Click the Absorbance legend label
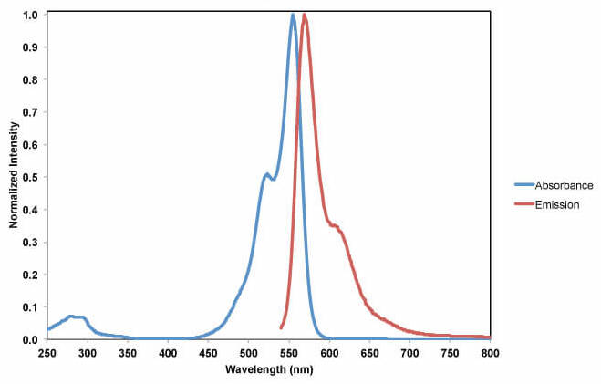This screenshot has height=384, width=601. coord(564,185)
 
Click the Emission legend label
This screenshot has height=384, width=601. coord(557,205)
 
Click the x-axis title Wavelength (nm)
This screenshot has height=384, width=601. coord(269,370)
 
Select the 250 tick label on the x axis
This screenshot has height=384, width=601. coord(47,352)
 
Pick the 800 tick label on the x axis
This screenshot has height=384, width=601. coord(491,352)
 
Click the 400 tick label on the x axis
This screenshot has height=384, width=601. coord(168,352)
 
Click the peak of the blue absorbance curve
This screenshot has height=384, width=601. coord(293,15)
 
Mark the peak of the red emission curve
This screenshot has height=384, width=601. coord(304,15)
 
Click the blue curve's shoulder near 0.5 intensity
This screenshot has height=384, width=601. coord(267,174)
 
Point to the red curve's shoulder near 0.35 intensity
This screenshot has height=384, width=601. coord(335,225)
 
